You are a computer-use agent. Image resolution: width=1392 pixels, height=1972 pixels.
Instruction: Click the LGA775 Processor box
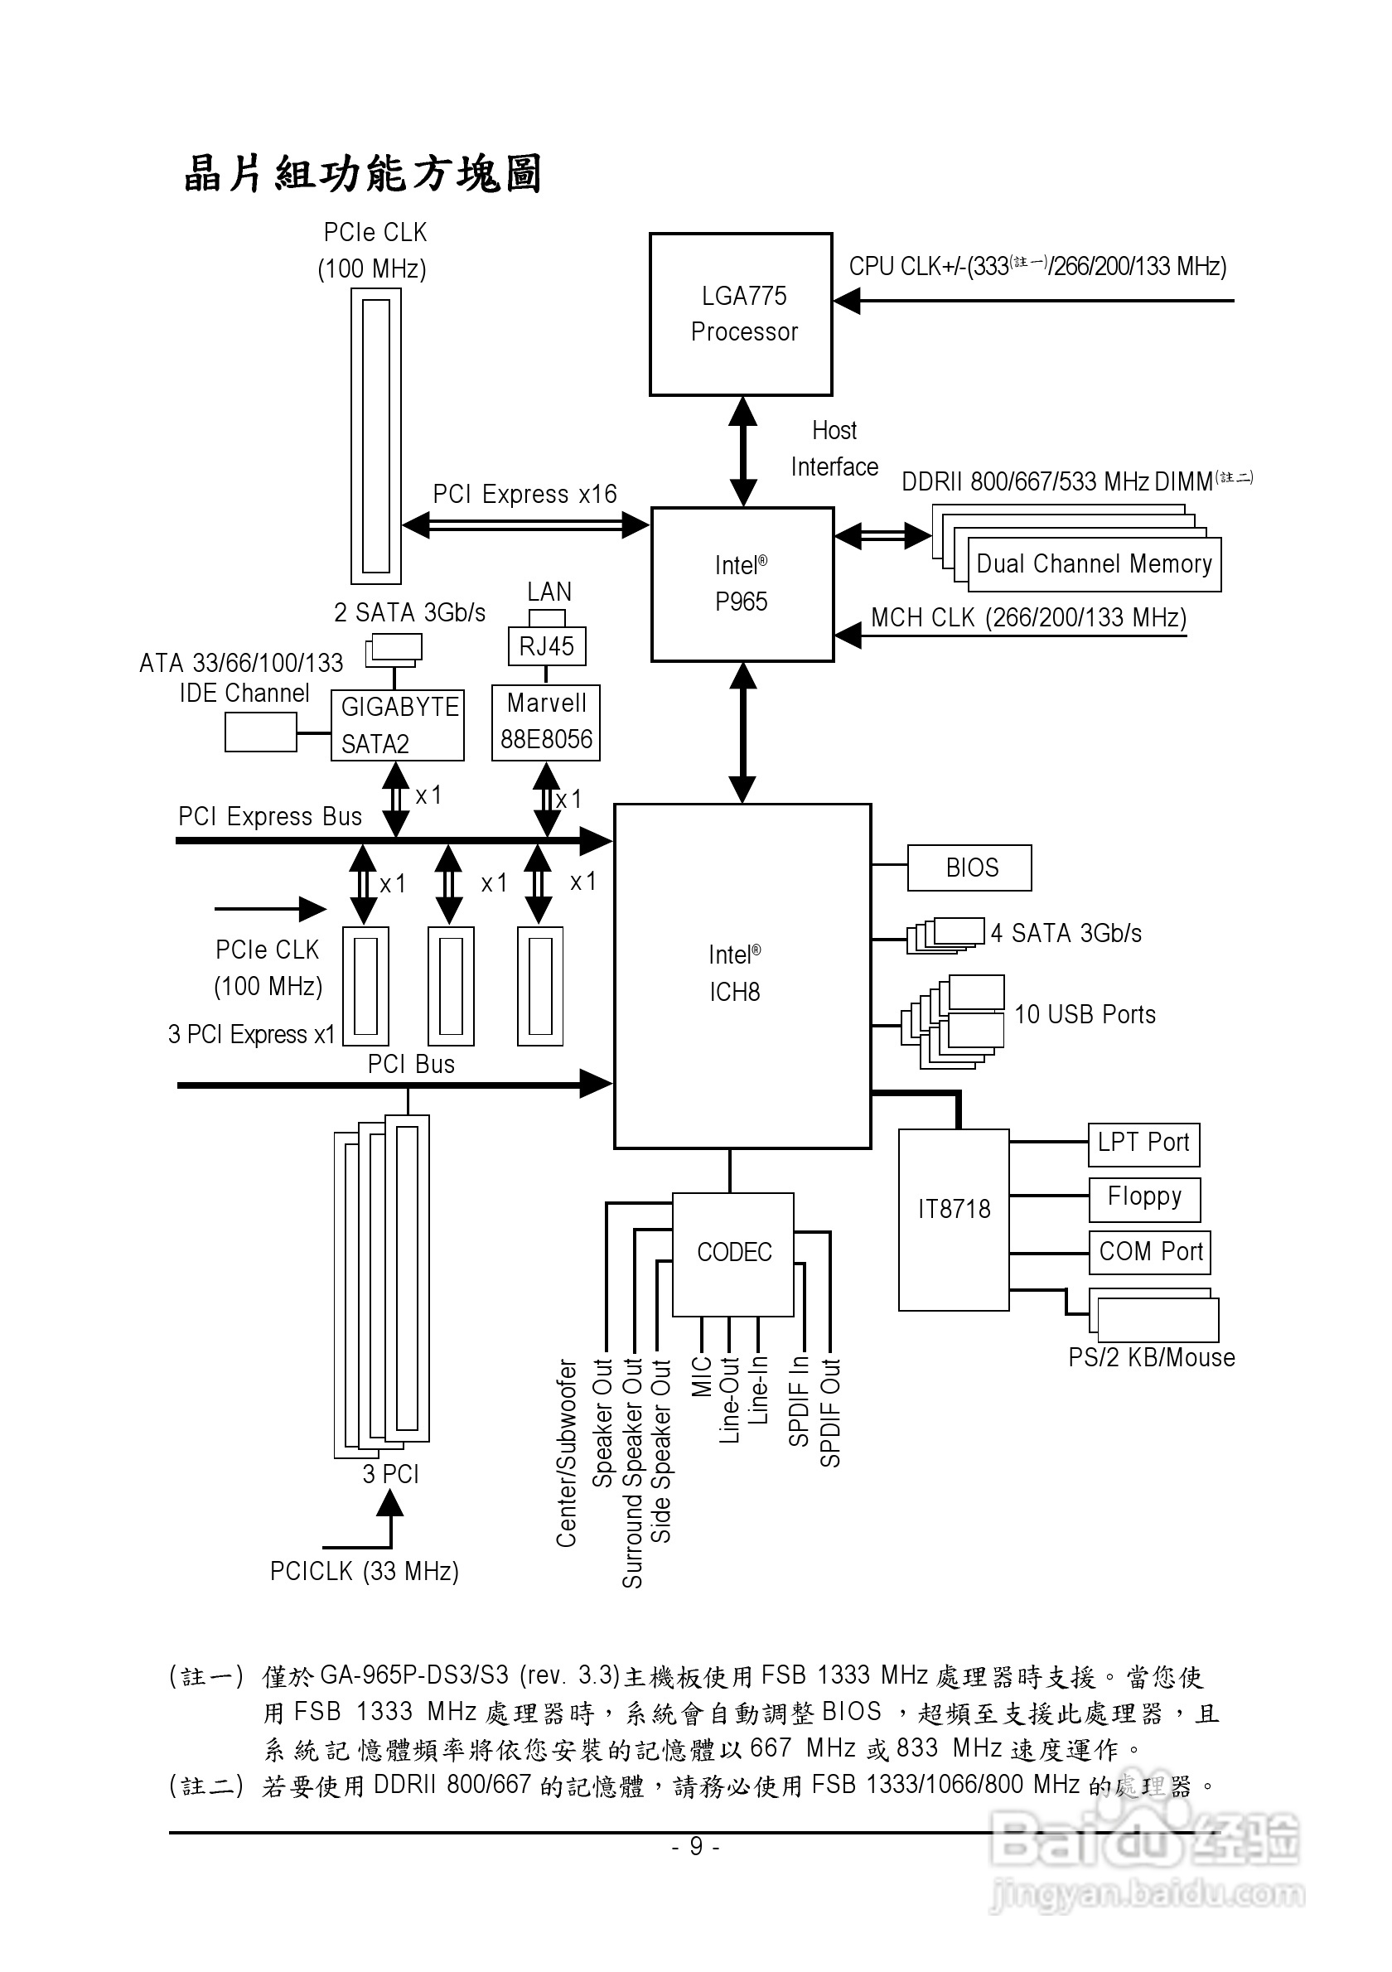741,314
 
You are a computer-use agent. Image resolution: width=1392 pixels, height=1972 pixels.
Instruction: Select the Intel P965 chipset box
742,584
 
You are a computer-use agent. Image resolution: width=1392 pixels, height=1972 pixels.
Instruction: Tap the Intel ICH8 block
742,976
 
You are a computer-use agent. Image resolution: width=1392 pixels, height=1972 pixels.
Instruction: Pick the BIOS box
969,868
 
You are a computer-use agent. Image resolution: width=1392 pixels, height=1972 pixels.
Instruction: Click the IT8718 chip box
953,1220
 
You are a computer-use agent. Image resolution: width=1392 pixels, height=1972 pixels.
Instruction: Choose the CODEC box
732,1253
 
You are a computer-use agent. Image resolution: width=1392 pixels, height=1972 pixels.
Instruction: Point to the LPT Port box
1143,1144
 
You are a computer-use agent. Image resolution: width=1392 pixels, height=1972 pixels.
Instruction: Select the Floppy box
1143,1198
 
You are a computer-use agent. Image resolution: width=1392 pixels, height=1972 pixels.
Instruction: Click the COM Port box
1150,1252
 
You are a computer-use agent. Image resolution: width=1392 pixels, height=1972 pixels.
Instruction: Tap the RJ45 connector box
546,647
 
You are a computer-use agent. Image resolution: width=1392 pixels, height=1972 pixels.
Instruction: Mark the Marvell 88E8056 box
545,723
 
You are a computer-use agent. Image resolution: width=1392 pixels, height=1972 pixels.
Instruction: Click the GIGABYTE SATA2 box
398,726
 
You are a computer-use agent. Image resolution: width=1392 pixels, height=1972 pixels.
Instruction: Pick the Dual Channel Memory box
1093,564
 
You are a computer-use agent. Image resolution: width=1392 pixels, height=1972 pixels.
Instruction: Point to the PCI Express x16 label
524,495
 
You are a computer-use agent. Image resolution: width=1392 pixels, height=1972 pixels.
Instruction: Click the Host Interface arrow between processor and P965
742,451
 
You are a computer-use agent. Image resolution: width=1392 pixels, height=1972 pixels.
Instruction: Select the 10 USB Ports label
1085,1015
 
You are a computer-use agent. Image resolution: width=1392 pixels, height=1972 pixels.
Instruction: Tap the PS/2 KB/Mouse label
1151,1358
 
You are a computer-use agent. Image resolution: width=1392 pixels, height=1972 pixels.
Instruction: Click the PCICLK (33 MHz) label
364,1572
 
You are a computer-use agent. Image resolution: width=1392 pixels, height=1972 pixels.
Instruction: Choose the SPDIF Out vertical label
830,1413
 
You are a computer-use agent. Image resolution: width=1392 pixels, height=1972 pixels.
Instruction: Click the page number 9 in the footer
695,1847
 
